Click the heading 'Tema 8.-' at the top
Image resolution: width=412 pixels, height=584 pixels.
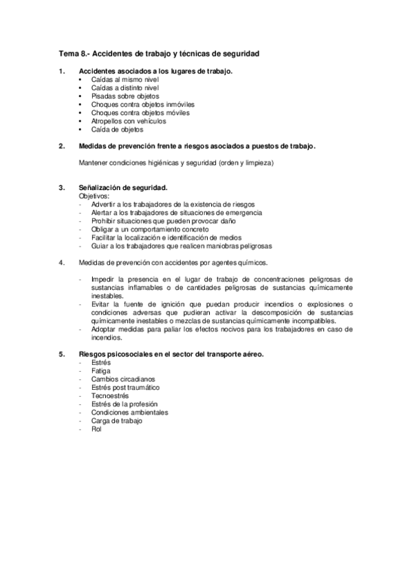(74, 53)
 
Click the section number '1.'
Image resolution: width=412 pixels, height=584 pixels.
(62, 71)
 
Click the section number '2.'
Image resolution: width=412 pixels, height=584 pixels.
(62, 146)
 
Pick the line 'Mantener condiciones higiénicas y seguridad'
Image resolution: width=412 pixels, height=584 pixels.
(176, 163)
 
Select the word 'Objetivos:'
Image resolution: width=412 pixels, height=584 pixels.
(95, 196)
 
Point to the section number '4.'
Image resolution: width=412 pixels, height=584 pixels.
(62, 262)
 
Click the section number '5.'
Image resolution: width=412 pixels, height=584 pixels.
(62, 354)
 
